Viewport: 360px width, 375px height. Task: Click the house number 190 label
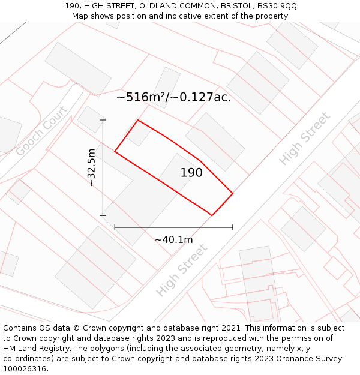tap(191, 173)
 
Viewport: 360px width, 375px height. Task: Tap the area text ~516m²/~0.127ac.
tap(173, 97)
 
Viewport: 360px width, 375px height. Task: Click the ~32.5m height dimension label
tap(91, 167)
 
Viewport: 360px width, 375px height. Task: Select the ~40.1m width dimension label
tap(174, 240)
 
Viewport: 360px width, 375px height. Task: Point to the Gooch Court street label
tap(42, 131)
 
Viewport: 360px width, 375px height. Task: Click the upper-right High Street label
tap(305, 139)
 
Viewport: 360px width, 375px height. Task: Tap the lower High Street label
tap(182, 269)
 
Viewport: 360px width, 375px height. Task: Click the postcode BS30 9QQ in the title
tap(276, 6)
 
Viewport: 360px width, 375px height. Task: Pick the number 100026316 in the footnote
tap(23, 369)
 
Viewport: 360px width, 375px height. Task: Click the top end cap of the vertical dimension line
tap(103, 120)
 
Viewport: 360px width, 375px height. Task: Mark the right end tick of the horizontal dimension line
tap(233, 227)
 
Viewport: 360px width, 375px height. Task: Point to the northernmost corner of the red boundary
tap(138, 120)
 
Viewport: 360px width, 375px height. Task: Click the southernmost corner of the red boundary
tap(211, 215)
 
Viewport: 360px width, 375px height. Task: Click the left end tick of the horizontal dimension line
tap(115, 227)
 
